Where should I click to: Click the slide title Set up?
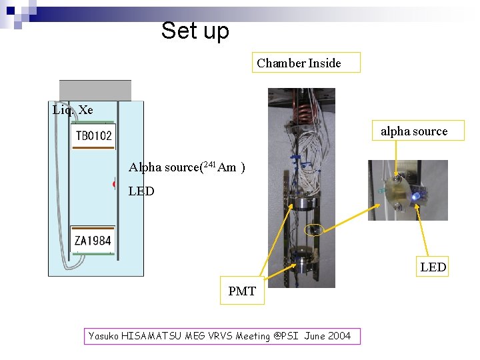(195, 31)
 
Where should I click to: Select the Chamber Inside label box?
(305, 63)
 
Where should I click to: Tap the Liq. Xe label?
(73, 110)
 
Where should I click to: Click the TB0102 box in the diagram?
(93, 136)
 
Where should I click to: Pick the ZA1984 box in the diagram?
(93, 240)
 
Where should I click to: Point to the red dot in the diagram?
(115, 184)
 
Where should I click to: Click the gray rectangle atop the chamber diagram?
(95, 90)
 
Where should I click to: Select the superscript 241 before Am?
(209, 165)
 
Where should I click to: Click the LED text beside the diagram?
(141, 191)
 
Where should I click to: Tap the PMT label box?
(242, 291)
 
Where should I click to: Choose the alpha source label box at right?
(414, 131)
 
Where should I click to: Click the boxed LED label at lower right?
(433, 267)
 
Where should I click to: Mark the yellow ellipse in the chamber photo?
(313, 230)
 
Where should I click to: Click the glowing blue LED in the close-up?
(415, 196)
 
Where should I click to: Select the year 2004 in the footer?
(339, 336)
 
